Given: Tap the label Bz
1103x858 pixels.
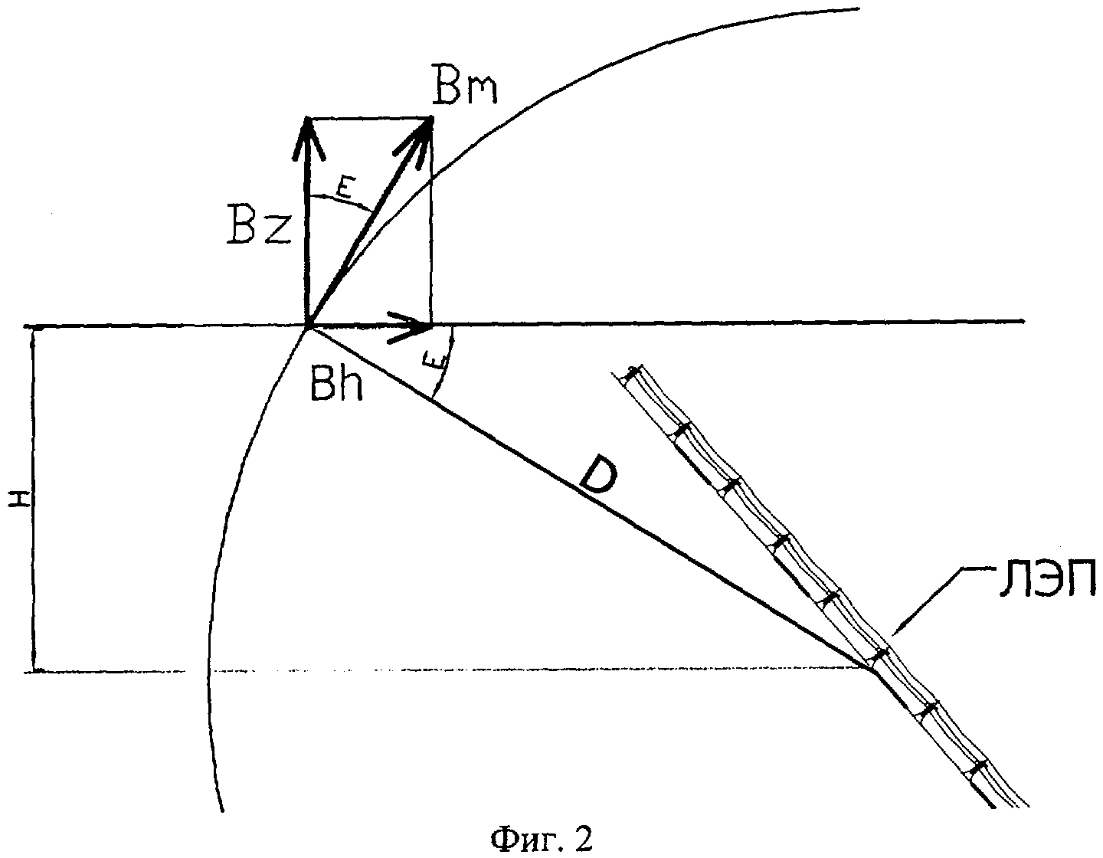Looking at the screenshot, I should pyautogui.click(x=259, y=225).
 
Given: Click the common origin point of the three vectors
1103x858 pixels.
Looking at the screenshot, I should pyautogui.click(x=308, y=328).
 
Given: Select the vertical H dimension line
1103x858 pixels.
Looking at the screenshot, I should pyautogui.click(x=34, y=498).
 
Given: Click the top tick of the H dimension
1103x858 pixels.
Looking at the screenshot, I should pyautogui.click(x=34, y=328).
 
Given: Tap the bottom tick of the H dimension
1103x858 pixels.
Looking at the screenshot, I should pyautogui.click(x=34, y=672).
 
